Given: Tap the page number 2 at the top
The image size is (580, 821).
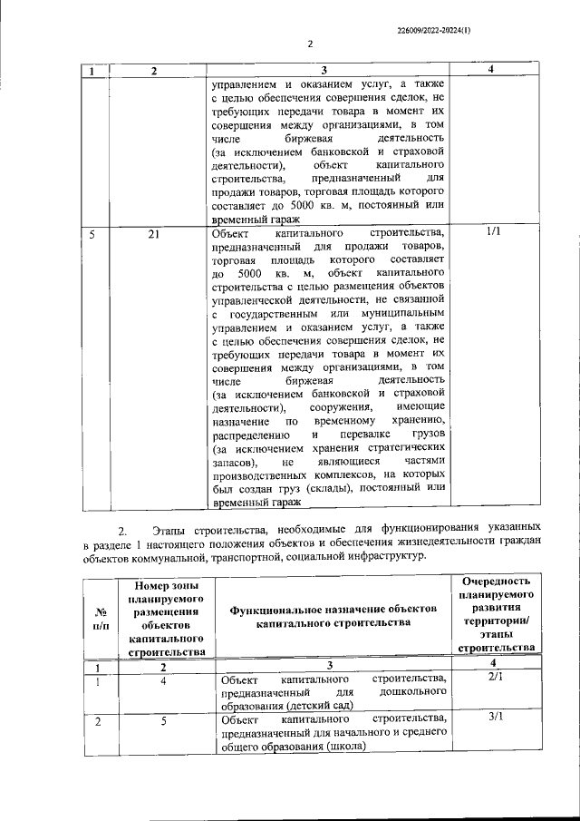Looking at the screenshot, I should [309, 44].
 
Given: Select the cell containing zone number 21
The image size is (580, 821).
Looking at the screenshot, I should [154, 234].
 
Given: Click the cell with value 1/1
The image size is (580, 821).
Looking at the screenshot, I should [494, 232].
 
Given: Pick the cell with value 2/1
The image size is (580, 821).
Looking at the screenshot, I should [494, 677].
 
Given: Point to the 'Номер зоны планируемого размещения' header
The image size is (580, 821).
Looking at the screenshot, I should [166, 612].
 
